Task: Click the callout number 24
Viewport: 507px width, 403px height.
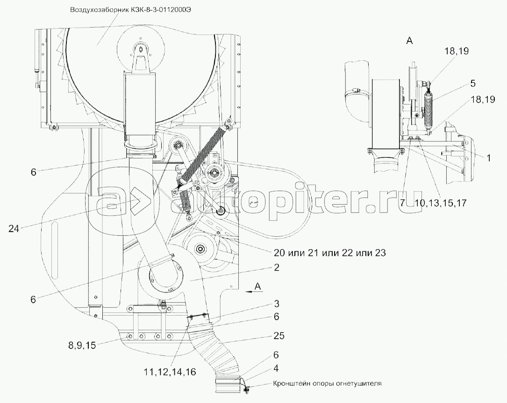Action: (x=14, y=229)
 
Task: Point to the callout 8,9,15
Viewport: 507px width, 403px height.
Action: (x=276, y=368)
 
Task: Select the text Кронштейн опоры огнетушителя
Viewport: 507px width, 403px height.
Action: (x=327, y=383)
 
